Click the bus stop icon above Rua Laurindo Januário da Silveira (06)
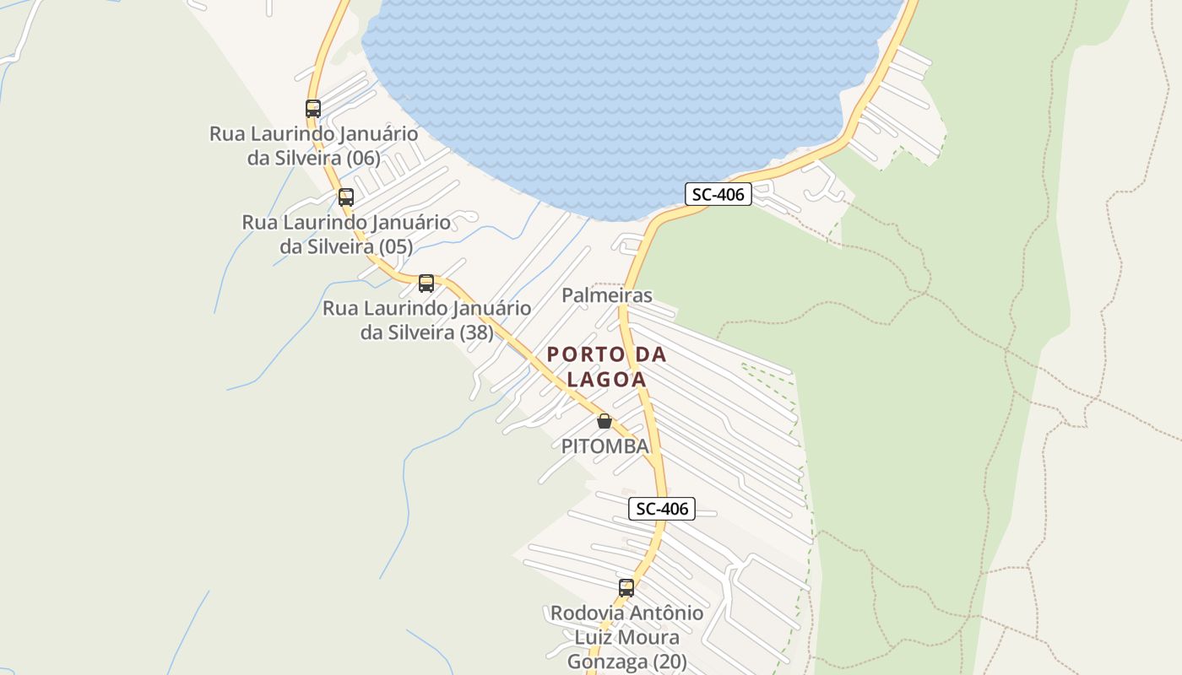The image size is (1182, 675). (313, 109)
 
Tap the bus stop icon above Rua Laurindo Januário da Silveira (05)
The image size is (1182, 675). (346, 197)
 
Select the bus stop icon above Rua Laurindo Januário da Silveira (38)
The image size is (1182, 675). (426, 283)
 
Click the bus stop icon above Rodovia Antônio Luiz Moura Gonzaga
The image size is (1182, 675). (626, 588)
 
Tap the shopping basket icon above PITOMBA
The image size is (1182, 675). (605, 421)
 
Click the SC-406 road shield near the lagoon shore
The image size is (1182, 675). (718, 194)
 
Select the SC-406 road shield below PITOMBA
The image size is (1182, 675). (662, 509)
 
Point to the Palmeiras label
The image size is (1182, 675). (607, 295)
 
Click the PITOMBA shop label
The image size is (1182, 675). (605, 446)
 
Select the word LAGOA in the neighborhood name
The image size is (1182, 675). (606, 380)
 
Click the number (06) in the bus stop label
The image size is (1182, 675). (362, 158)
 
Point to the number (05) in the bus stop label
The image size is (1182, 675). (395, 246)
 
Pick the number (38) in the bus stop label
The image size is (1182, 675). (476, 332)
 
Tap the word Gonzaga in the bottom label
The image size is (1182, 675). (601, 661)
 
